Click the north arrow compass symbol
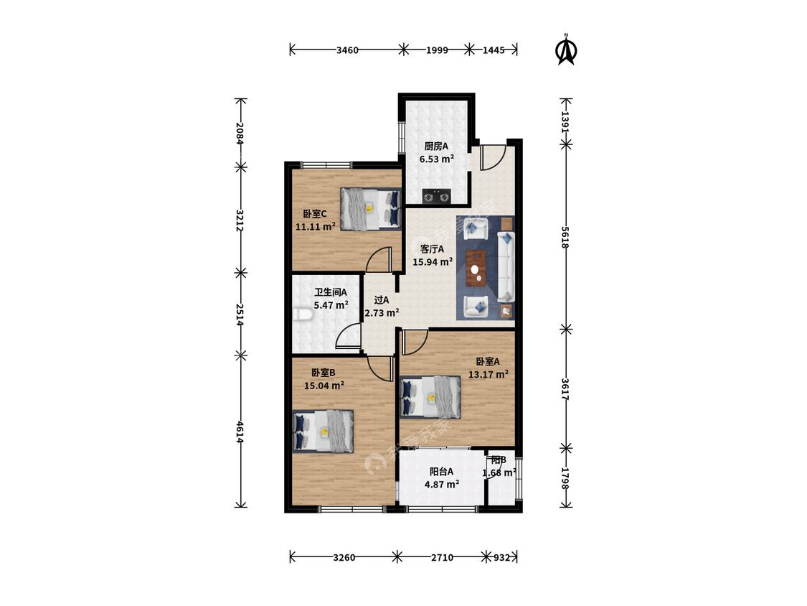[567, 50]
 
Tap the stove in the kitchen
[436, 196]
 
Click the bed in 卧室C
[370, 208]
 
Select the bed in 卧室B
[324, 432]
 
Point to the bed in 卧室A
[430, 396]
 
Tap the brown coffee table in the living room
[476, 268]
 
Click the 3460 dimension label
[347, 50]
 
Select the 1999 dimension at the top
[436, 50]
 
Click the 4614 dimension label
[240, 432]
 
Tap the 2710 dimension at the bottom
[442, 558]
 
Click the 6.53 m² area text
[436, 159]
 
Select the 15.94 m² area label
[433, 261]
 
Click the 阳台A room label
[442, 471]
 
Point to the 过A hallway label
[382, 300]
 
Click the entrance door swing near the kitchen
[493, 158]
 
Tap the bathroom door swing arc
[347, 337]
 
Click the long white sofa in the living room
[506, 267]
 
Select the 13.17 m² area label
[489, 374]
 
